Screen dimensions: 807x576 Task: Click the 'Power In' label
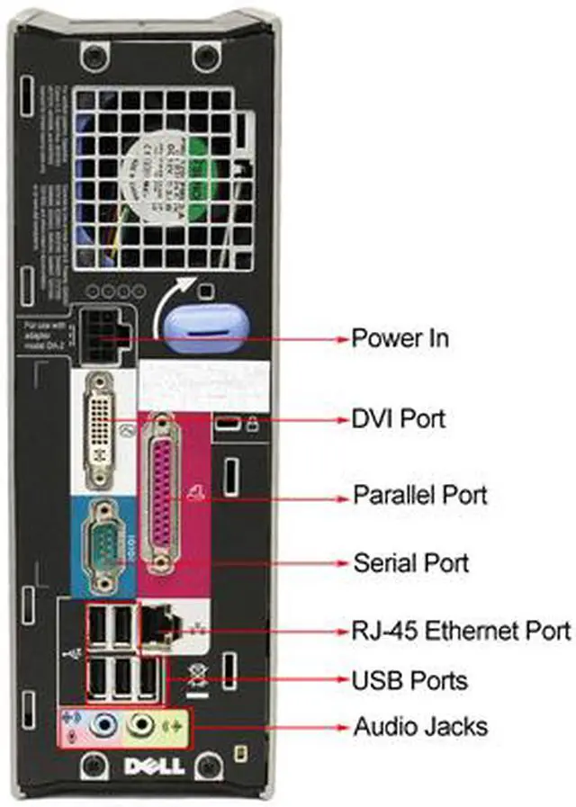[399, 338]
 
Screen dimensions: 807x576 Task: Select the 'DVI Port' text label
[398, 418]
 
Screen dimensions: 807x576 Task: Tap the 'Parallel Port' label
[419, 495]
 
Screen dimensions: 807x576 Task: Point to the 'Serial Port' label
[409, 563]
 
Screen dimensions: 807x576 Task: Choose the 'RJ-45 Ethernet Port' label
[460, 629]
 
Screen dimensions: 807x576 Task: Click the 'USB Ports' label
[409, 678]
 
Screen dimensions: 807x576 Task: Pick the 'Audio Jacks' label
[420, 726]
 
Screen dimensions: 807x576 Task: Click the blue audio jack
[107, 723]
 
